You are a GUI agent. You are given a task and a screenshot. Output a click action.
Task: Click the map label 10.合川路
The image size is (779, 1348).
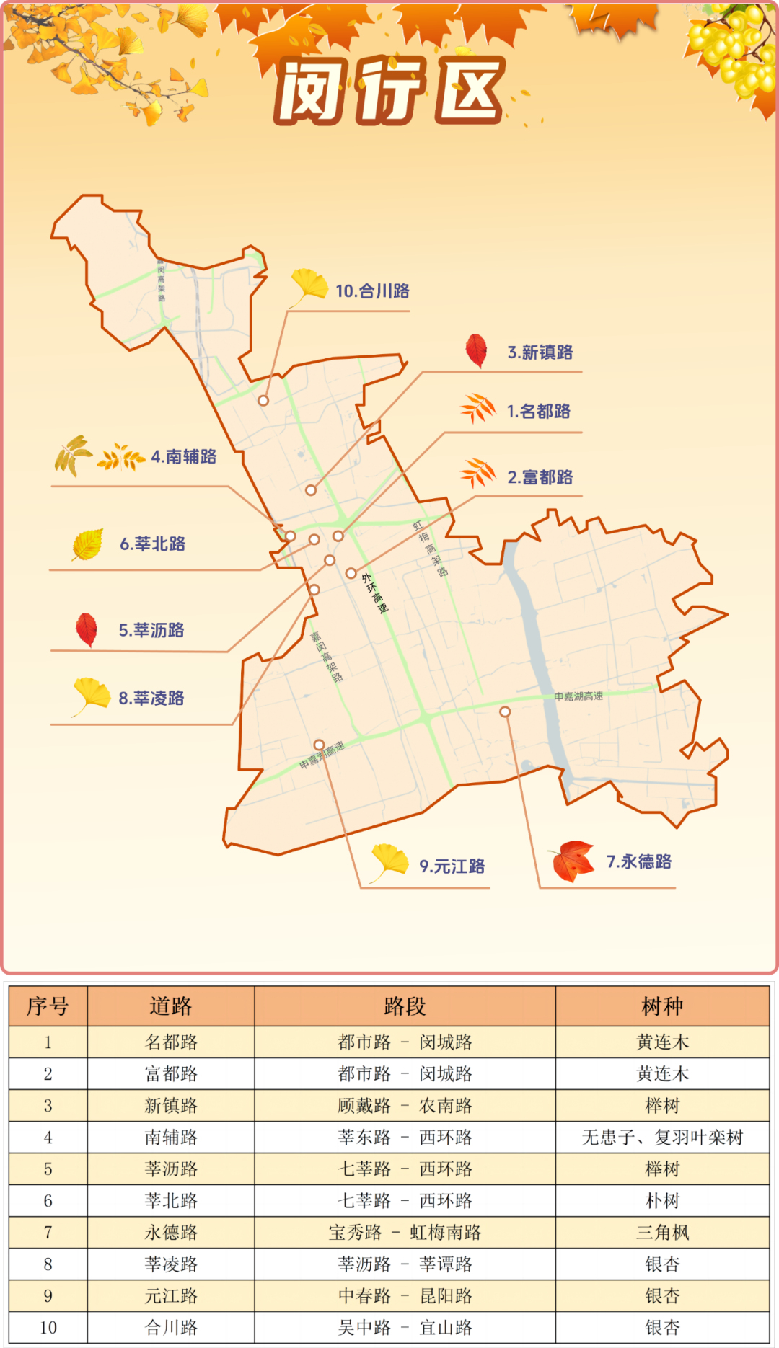click(x=372, y=291)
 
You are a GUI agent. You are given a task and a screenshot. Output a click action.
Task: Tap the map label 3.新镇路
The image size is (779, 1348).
click(x=540, y=352)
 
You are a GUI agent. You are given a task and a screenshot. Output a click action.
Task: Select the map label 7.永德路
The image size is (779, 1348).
click(x=639, y=862)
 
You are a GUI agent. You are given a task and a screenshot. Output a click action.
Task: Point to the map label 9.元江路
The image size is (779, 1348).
click(x=452, y=866)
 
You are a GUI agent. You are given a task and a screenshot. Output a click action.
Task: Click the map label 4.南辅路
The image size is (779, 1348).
click(x=184, y=457)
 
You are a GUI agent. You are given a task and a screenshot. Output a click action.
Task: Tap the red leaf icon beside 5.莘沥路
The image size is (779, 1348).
click(x=87, y=629)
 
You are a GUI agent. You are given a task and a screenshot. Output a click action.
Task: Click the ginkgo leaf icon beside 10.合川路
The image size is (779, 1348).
click(x=309, y=286)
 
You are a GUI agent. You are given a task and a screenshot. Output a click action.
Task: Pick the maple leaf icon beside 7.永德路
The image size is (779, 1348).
click(x=573, y=861)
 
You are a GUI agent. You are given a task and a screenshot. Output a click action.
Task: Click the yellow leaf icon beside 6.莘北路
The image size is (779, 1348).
click(x=88, y=544)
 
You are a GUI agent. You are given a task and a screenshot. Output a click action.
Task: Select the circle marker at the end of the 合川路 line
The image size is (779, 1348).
click(x=263, y=401)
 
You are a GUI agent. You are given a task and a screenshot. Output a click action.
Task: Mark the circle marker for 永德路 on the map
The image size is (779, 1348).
click(x=505, y=711)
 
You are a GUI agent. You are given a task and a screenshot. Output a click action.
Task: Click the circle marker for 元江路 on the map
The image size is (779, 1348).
click(x=319, y=745)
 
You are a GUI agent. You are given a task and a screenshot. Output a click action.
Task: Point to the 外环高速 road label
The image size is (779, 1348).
click(x=375, y=593)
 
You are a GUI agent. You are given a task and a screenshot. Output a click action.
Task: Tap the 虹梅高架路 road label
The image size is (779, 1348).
click(x=431, y=549)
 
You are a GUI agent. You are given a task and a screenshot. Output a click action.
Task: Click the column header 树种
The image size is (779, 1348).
click(x=662, y=1006)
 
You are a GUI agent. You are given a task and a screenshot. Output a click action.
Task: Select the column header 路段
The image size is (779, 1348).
click(x=405, y=1006)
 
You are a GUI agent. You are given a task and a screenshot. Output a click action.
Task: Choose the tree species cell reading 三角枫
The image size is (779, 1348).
click(x=662, y=1233)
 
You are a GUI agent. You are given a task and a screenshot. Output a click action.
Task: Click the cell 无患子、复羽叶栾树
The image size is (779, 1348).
click(x=662, y=1138)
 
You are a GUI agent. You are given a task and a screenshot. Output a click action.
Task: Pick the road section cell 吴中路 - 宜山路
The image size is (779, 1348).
click(x=405, y=1328)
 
